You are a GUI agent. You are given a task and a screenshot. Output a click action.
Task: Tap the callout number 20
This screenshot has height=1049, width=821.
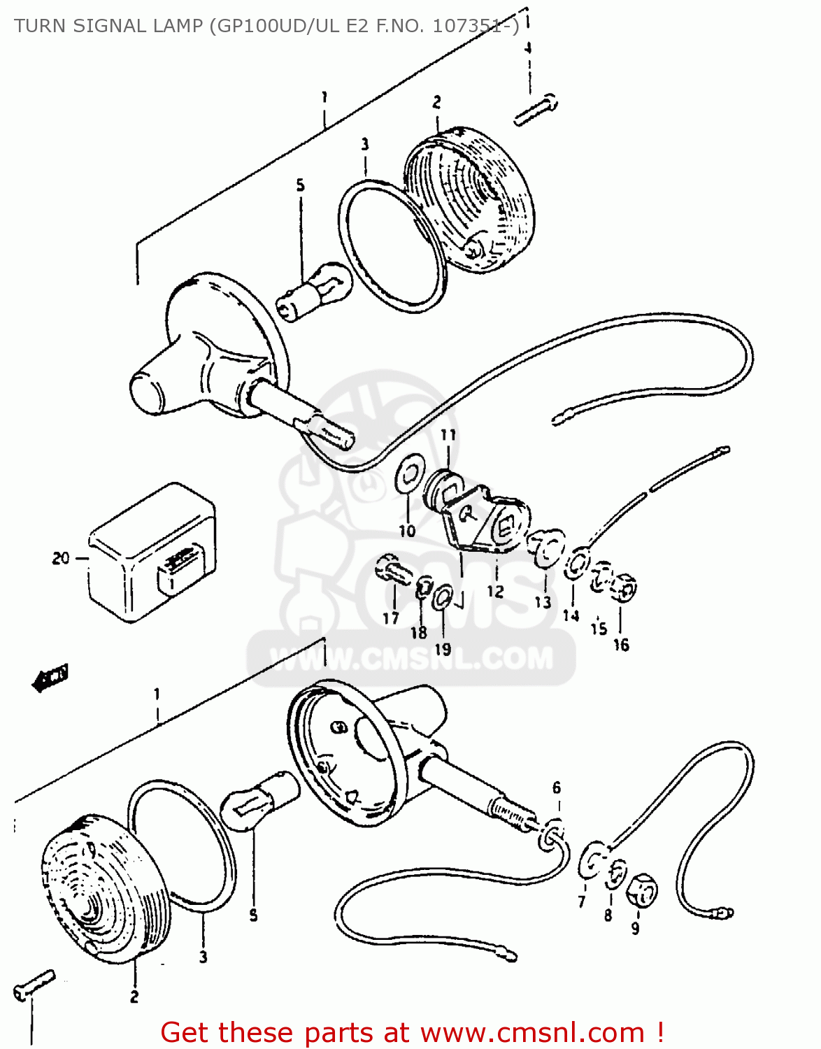pyautogui.click(x=61, y=558)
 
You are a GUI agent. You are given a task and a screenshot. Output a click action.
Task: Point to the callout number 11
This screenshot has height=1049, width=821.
pyautogui.click(x=448, y=435)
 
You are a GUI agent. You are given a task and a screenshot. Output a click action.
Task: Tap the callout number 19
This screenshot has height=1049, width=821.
pyautogui.click(x=443, y=649)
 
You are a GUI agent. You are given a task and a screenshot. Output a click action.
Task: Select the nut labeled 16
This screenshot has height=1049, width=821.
pyautogui.click(x=623, y=587)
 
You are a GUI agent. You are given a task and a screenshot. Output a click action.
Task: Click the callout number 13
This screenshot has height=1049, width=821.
pyautogui.click(x=543, y=602)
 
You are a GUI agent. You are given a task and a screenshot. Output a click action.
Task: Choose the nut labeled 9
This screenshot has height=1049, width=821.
pyautogui.click(x=641, y=890)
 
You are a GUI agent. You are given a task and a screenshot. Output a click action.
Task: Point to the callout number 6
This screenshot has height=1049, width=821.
pyautogui.click(x=557, y=788)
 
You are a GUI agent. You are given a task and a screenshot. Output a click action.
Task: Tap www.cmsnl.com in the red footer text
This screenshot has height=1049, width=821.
pyautogui.click(x=531, y=1033)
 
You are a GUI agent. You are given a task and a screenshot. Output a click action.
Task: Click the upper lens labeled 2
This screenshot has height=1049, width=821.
pyautogui.click(x=469, y=199)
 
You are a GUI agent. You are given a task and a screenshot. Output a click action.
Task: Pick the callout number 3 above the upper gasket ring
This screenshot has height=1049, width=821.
pyautogui.click(x=365, y=145)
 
